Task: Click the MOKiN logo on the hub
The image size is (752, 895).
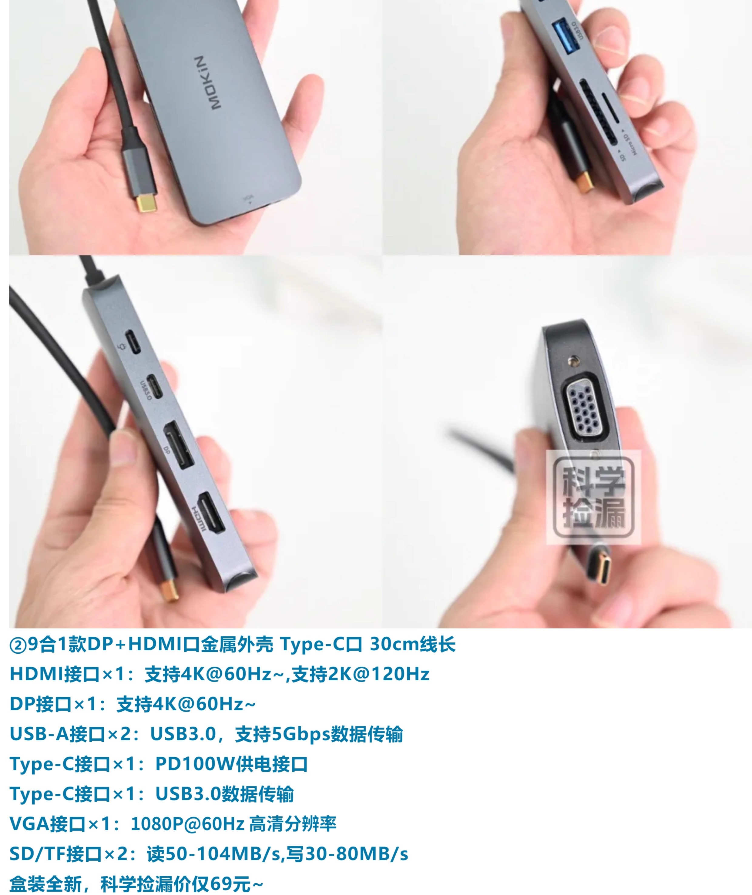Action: [x=214, y=82]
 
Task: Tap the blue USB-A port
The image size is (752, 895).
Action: [x=565, y=38]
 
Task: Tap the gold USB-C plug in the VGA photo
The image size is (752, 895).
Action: [x=602, y=568]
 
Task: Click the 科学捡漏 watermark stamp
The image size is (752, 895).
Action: [x=593, y=497]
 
